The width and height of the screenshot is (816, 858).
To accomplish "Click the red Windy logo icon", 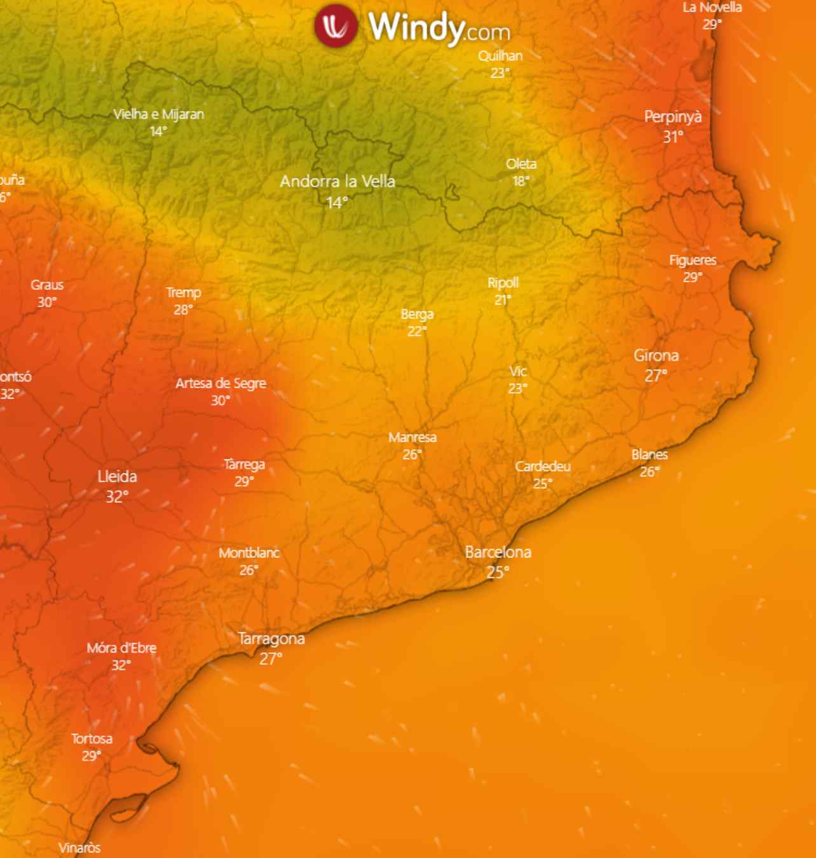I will pyautogui.click(x=336, y=25).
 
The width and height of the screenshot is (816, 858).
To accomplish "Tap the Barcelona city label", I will pyautogui.click(x=498, y=552).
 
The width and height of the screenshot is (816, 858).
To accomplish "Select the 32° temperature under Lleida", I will pyautogui.click(x=117, y=496).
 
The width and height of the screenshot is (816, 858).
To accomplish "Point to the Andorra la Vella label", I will pyautogui.click(x=337, y=182).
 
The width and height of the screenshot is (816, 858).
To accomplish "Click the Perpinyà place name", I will pyautogui.click(x=673, y=117).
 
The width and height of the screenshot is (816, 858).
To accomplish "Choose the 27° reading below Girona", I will pyautogui.click(x=656, y=376).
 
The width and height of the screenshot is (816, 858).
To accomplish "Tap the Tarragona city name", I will pyautogui.click(x=271, y=639).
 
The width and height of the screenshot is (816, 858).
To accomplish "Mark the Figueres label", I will pyautogui.click(x=693, y=260).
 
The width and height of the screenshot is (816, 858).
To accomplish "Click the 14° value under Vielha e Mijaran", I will pyautogui.click(x=158, y=131).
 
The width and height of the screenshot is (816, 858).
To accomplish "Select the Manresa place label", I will pyautogui.click(x=412, y=437).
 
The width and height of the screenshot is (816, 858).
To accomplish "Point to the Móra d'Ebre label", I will pyautogui.click(x=121, y=648).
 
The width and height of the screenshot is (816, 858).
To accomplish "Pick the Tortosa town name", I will pyautogui.click(x=92, y=739).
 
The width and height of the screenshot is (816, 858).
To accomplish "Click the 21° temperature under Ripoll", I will pyautogui.click(x=503, y=299).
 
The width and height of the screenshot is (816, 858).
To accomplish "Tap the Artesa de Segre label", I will pyautogui.click(x=221, y=383).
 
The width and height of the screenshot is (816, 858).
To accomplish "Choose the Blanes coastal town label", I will pyautogui.click(x=649, y=454).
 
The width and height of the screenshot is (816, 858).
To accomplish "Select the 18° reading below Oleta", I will pyautogui.click(x=521, y=181).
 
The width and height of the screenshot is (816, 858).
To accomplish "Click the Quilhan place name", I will pyautogui.click(x=500, y=56).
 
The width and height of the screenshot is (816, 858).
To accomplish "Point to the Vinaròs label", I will pyautogui.click(x=79, y=848).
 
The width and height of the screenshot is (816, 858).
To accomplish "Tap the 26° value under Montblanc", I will pyautogui.click(x=248, y=570).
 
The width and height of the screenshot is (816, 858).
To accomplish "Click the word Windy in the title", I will pyautogui.click(x=416, y=27).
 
